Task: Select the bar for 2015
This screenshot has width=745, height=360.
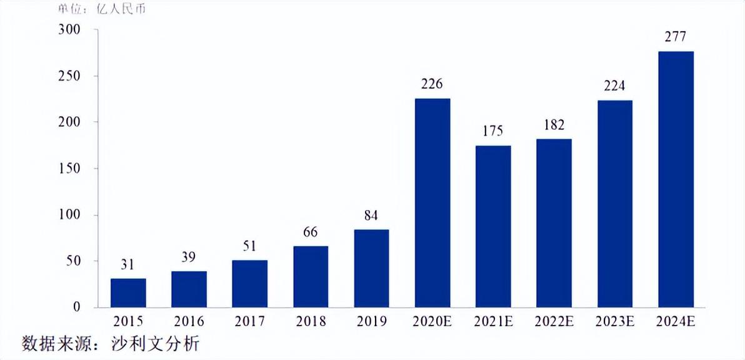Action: point(128,292)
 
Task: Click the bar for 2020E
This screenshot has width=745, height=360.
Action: point(432,203)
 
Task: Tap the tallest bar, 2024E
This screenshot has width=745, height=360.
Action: point(676,179)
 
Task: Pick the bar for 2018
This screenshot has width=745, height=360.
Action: point(311,276)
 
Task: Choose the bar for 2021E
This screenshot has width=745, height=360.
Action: point(493,226)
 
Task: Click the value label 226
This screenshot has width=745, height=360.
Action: point(432,84)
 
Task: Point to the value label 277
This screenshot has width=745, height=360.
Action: point(676,37)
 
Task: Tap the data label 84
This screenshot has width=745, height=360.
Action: point(371,216)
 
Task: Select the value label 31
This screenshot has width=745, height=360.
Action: point(128,265)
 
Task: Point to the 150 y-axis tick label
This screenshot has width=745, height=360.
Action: point(69,169)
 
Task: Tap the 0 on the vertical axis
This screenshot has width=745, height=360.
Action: point(77,307)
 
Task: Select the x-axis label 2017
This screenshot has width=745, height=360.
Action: point(250,322)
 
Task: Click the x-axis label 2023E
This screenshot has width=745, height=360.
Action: point(615,322)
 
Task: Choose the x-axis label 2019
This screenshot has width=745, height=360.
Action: point(371,322)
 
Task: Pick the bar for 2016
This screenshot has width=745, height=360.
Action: point(189,289)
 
